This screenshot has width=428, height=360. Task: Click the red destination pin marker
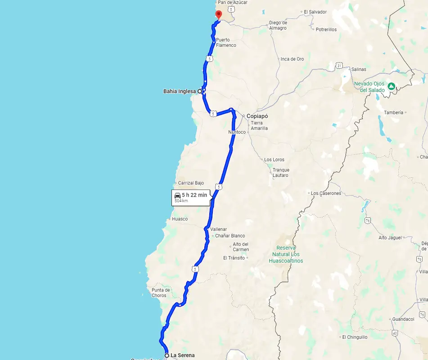pyautogui.click(x=219, y=14)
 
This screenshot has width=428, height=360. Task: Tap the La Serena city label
pyautogui.click(x=183, y=355)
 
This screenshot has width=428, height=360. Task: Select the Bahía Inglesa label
pyautogui.click(x=180, y=91)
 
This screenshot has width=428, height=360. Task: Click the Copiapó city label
pyautogui.click(x=257, y=116)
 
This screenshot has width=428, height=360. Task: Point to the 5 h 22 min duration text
pyautogui.click(x=194, y=195)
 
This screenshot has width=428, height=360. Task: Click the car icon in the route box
pyautogui.click(x=178, y=195)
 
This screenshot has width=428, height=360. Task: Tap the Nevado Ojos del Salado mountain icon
pyautogui.click(x=392, y=85)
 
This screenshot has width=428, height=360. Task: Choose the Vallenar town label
pyautogui.click(x=219, y=229)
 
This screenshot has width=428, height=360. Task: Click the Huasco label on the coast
pyautogui.click(x=180, y=219)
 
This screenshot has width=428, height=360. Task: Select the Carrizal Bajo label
pyautogui.click(x=191, y=183)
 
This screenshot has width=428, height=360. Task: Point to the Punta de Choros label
pyautogui.click(x=161, y=293)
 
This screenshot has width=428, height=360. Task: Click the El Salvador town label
pyautogui.click(x=315, y=12)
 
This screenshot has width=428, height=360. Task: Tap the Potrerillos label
pyautogui.click(x=326, y=30)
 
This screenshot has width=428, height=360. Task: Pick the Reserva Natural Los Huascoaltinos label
pyautogui.click(x=286, y=254)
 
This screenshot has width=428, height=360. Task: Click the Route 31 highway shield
pyautogui.click(x=339, y=66)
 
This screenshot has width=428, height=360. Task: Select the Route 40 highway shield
pyautogui.click(x=395, y=333)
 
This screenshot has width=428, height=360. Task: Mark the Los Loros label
pyautogui.click(x=274, y=160)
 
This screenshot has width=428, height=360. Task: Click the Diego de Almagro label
pyautogui.click(x=278, y=25)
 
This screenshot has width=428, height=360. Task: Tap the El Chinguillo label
pyautogui.click(x=355, y=337)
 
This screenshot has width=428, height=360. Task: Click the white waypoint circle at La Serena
pyautogui.click(x=167, y=355)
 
